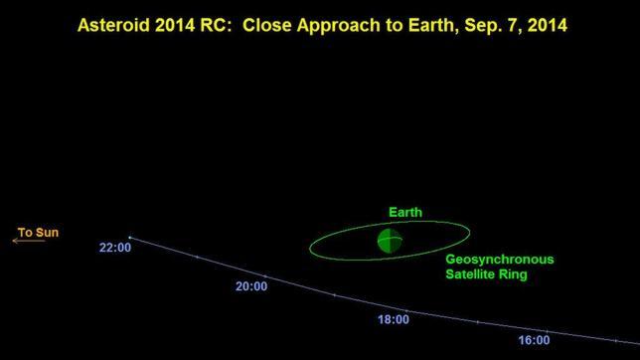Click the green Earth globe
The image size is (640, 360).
(x=390, y=240)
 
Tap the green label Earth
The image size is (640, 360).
(x=404, y=212)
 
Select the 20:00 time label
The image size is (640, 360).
(x=250, y=286)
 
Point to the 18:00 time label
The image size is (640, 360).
(x=393, y=319)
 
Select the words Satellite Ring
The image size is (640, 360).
(x=485, y=274)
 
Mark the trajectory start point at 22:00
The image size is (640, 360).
(x=129, y=237)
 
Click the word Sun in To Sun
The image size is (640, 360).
(x=49, y=232)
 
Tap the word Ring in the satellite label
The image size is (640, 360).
(x=511, y=274)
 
